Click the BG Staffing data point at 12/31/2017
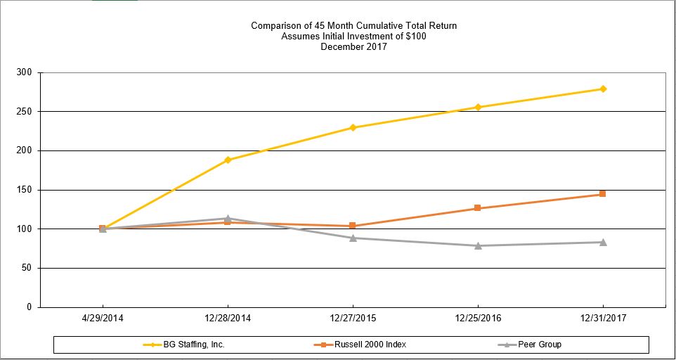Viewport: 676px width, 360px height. (603, 89)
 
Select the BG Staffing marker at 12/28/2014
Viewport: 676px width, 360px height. (228, 160)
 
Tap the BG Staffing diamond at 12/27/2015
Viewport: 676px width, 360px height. (353, 127)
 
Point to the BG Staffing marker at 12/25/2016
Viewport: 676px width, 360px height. (478, 107)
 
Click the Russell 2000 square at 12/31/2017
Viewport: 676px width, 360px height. (603, 194)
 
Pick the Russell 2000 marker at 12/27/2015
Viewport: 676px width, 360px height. (353, 226)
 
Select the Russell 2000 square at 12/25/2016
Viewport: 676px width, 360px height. (478, 208)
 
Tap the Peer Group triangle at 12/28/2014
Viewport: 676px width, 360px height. (228, 218)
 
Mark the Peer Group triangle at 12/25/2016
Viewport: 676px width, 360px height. (478, 245)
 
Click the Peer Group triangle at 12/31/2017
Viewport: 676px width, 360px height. (603, 242)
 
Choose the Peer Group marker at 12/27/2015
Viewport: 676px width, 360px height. (353, 238)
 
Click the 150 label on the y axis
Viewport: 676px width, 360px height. (25, 190)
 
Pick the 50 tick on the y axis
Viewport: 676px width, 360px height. (27, 268)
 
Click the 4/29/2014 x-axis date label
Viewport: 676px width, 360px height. (103, 318)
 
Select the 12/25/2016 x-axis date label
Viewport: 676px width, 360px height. (478, 318)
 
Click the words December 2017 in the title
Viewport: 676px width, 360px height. (353, 47)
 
